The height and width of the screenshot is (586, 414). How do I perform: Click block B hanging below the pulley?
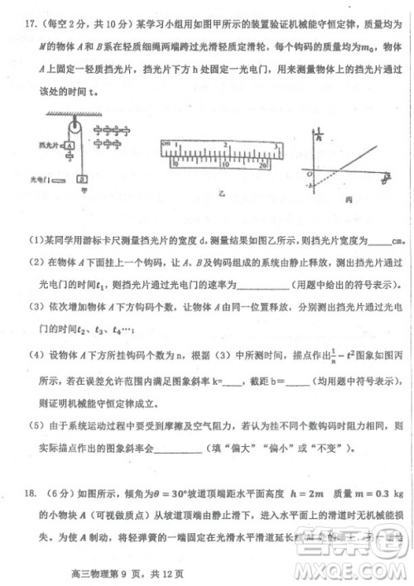(82, 178)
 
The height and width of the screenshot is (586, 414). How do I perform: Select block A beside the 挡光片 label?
(70, 145)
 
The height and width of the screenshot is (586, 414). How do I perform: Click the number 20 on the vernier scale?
(259, 166)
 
